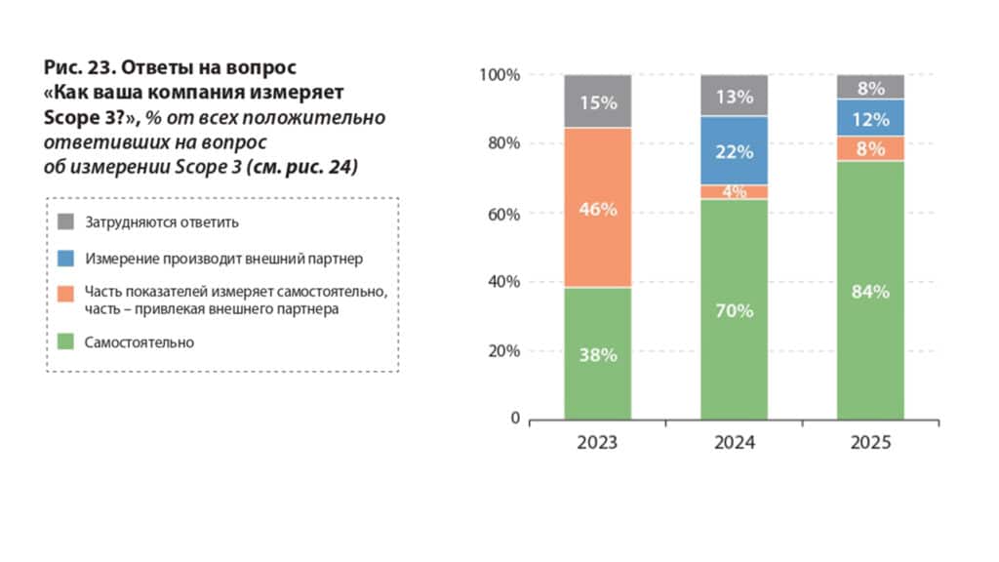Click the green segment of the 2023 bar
tap(597, 353)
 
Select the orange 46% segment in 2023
tap(597, 209)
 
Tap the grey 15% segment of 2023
tap(597, 101)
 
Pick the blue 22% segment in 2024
tap(734, 151)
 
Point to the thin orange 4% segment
tap(734, 191)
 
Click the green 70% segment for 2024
tap(734, 310)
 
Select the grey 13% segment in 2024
tap(734, 96)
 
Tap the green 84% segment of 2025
tap(870, 291)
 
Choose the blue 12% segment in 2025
tap(870, 118)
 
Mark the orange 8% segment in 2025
tap(870, 148)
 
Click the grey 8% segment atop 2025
tap(870, 87)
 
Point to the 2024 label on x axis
tap(734, 443)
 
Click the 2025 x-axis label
tap(870, 443)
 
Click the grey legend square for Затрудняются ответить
tap(66, 221)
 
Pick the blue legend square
tap(66, 259)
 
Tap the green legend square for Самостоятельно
tap(66, 342)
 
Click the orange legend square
tap(66, 292)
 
